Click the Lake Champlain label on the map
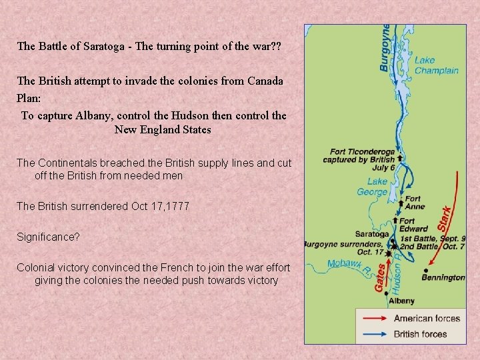pos(436,65)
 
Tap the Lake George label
pos(373,187)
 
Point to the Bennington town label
pos(443,277)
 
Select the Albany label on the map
pos(402,301)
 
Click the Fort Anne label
pos(413,203)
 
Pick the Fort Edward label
pos(413,225)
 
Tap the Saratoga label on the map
pos(372,234)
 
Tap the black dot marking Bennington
pos(425,271)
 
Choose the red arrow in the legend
pos(374,319)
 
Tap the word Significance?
pos(43,237)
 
